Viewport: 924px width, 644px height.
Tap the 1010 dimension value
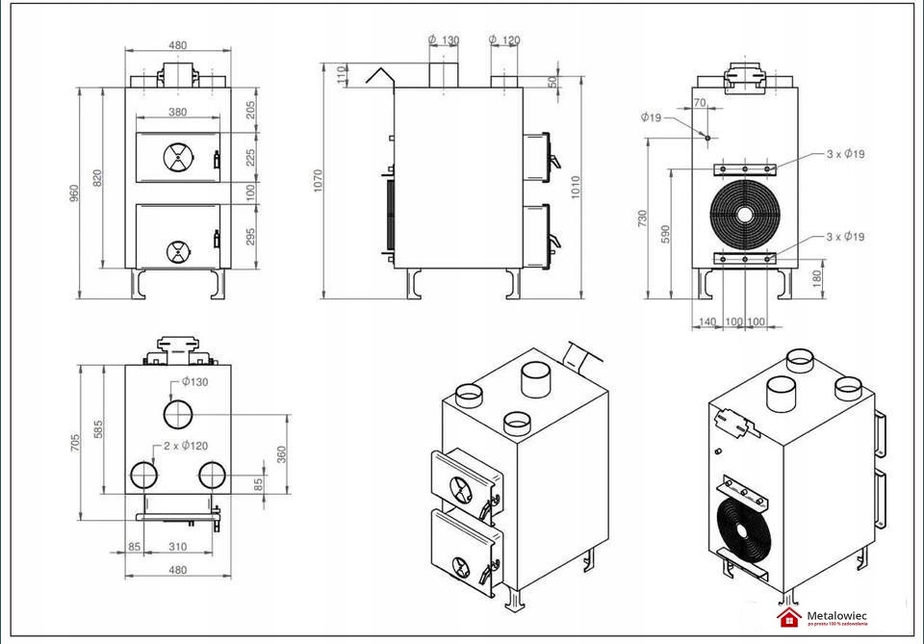click(576, 185)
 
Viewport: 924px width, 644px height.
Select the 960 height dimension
click(74, 193)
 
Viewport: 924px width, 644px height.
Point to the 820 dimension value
click(97, 178)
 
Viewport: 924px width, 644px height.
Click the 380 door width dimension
click(177, 113)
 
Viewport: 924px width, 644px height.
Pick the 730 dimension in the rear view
click(643, 219)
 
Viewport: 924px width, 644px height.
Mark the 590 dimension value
click(665, 234)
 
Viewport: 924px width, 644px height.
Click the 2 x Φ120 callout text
click(186, 446)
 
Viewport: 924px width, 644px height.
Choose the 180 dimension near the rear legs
click(817, 278)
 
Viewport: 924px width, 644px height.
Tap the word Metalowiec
click(836, 613)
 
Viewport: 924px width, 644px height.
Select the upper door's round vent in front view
click(177, 156)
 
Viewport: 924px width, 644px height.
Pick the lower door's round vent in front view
click(178, 251)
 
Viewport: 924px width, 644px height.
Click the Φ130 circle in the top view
click(178, 414)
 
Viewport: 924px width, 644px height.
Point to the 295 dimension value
click(250, 236)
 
